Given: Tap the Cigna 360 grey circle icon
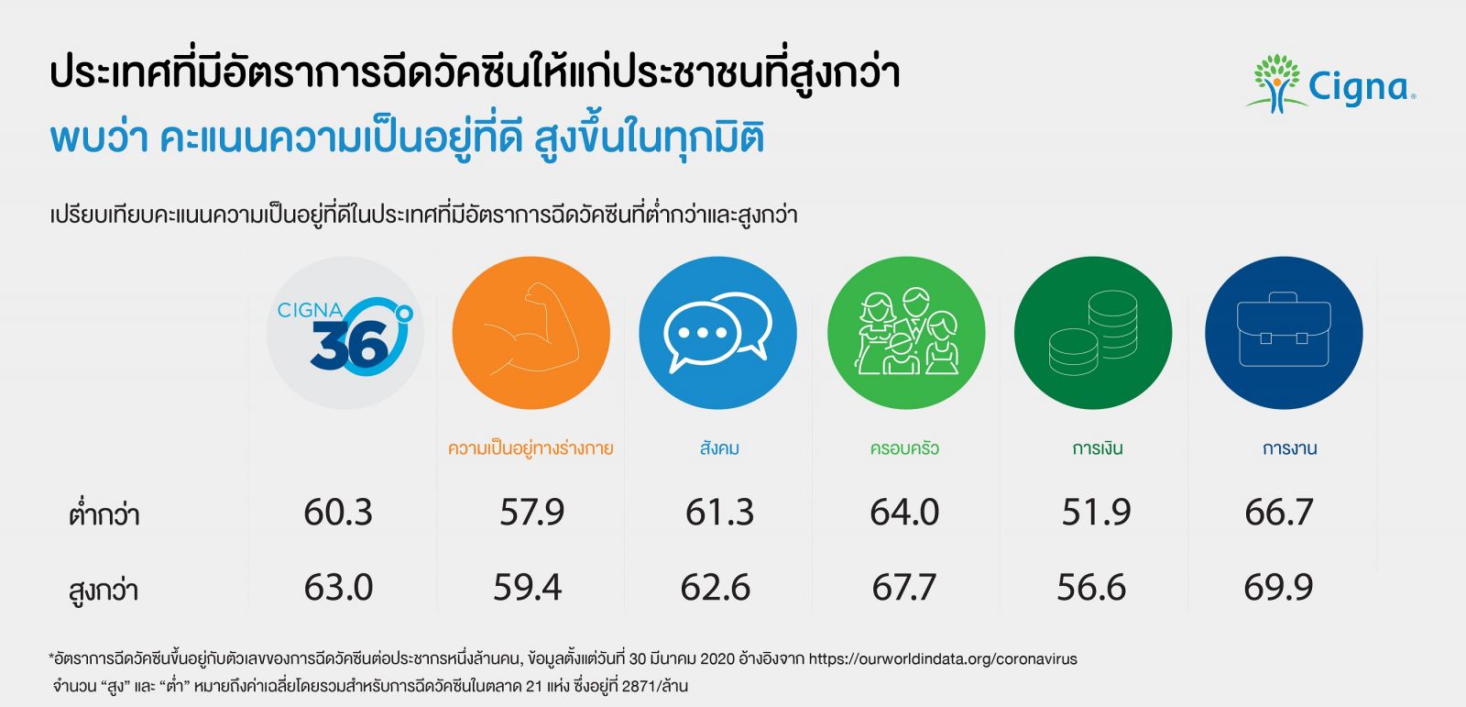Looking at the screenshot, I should (x=345, y=333).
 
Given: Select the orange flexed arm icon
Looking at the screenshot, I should (x=531, y=333).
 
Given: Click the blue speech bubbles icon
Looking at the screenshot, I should (x=717, y=333).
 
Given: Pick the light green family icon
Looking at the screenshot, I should (x=905, y=333).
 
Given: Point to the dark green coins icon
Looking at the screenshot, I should (x=1093, y=333).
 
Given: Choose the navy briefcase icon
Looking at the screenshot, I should (x=1283, y=333).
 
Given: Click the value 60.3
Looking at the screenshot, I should (x=338, y=512).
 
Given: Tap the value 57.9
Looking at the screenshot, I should (x=531, y=512).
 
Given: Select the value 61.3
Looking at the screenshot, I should (x=719, y=512).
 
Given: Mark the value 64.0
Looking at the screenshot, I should (x=904, y=512).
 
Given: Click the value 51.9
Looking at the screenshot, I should (x=1096, y=512).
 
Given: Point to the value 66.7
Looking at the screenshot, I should (x=1279, y=512).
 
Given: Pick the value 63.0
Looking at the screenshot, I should (x=338, y=587).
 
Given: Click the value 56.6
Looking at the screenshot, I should (x=1091, y=587).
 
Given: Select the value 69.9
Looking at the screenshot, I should (x=1278, y=587).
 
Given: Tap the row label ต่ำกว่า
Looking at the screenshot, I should (x=104, y=514).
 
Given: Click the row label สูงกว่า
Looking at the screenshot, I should (x=104, y=590).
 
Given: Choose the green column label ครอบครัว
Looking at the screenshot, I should (x=904, y=448).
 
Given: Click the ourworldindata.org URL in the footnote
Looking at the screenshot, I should (x=943, y=658).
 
